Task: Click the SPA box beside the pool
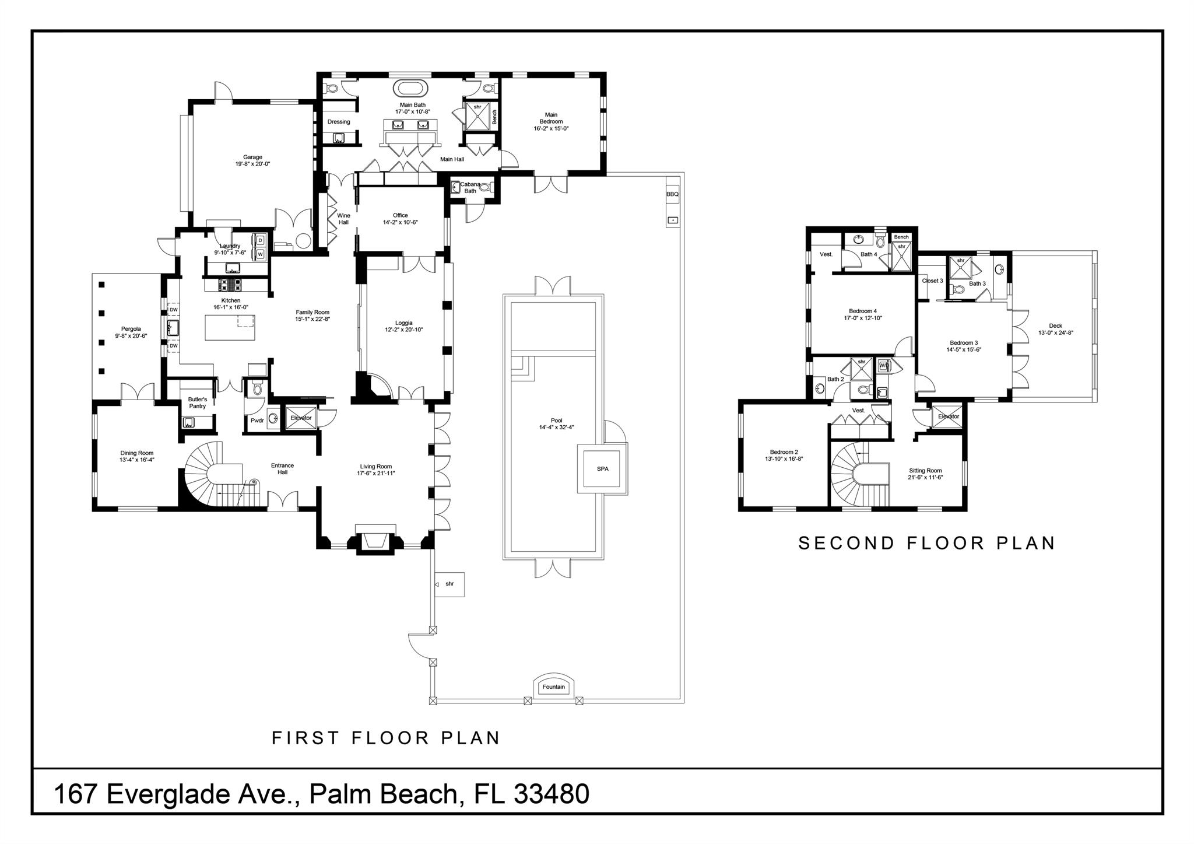point(602,468)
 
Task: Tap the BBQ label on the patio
point(672,194)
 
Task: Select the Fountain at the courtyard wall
point(553,687)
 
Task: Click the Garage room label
point(252,157)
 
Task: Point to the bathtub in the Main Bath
point(411,89)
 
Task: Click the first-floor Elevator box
point(301,418)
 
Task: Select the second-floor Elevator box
point(948,416)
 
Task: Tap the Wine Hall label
point(343,219)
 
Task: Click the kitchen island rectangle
point(230,328)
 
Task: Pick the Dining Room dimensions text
point(136,460)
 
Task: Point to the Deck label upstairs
point(1055,326)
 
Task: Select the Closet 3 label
point(932,281)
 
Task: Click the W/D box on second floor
point(884,366)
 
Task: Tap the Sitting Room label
point(925,471)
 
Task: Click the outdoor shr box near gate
point(449,584)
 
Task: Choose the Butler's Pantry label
point(197,402)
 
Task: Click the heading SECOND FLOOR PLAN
point(926,544)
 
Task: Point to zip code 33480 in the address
point(552,794)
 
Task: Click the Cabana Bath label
point(470,188)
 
